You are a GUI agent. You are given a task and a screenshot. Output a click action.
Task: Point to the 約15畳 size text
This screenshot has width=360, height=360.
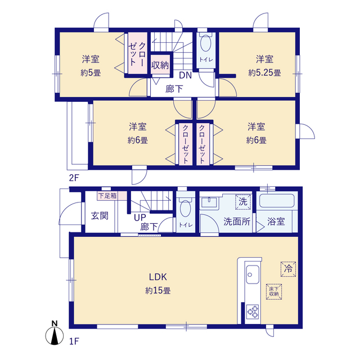[x=157, y=291]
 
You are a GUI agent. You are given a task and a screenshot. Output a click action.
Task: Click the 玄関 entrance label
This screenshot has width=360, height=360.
[x=100, y=216]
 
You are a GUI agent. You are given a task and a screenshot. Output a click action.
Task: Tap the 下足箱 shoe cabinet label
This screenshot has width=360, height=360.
[x=107, y=196]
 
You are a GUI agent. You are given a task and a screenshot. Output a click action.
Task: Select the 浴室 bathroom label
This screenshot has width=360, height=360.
[x=276, y=222]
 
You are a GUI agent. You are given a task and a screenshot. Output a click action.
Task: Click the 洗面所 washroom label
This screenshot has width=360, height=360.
[x=237, y=222]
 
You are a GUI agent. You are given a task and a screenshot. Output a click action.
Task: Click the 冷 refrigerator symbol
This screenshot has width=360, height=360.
[x=287, y=269]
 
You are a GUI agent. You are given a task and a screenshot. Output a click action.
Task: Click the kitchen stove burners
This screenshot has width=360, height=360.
[x=251, y=311]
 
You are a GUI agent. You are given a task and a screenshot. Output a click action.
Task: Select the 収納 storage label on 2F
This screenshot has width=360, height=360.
[x=160, y=65]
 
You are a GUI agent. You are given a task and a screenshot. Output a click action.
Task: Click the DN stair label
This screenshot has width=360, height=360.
[x=185, y=76]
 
